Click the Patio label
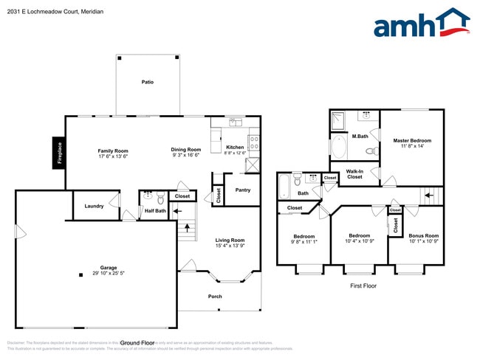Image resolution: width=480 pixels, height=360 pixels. [x=148, y=82]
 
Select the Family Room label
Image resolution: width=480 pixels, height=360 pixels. [x=114, y=151]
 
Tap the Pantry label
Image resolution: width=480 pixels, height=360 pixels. [x=243, y=190]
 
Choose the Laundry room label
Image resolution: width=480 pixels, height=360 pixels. [x=94, y=206]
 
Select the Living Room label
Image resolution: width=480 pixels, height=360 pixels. [x=230, y=240]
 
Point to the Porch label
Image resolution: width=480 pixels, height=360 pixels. [x=215, y=297]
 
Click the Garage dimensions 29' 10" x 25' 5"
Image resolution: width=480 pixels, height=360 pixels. [x=108, y=273]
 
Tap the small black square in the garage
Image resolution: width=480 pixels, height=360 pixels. [x=80, y=275]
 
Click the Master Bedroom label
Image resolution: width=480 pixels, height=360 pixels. [x=412, y=140]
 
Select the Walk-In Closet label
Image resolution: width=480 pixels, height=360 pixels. [x=354, y=174]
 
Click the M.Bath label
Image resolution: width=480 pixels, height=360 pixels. [x=360, y=136]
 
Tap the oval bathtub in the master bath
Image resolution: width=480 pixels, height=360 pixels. [x=340, y=147]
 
